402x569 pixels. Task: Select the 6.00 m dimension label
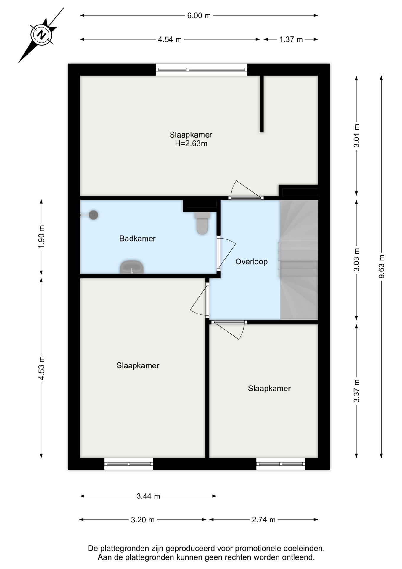click(199, 15)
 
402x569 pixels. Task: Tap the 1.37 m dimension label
click(291, 39)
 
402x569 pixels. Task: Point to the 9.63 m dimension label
click(382, 266)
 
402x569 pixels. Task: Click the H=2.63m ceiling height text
click(191, 144)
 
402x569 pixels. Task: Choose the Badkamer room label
click(137, 239)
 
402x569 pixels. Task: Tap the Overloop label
click(251, 262)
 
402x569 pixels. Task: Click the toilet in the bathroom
click(202, 223)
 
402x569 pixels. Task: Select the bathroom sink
click(132, 267)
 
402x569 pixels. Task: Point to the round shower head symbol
click(94, 215)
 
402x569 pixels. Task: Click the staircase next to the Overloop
click(299, 260)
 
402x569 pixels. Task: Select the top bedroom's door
click(246, 190)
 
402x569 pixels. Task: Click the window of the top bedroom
click(202, 70)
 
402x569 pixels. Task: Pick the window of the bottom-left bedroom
click(129, 464)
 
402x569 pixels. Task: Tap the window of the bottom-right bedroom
click(281, 464)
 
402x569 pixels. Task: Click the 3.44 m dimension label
click(148, 496)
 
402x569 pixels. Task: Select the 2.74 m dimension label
click(264, 520)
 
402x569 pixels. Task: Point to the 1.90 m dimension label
click(41, 237)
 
